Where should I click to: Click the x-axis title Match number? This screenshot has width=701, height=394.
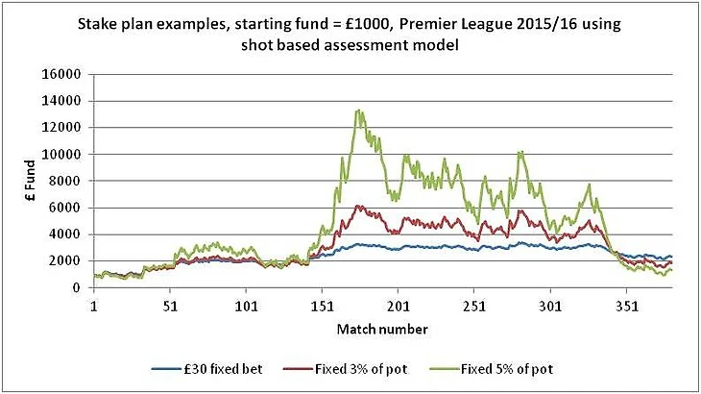[x=381, y=329]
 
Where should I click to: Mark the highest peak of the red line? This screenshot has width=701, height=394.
[x=358, y=206]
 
